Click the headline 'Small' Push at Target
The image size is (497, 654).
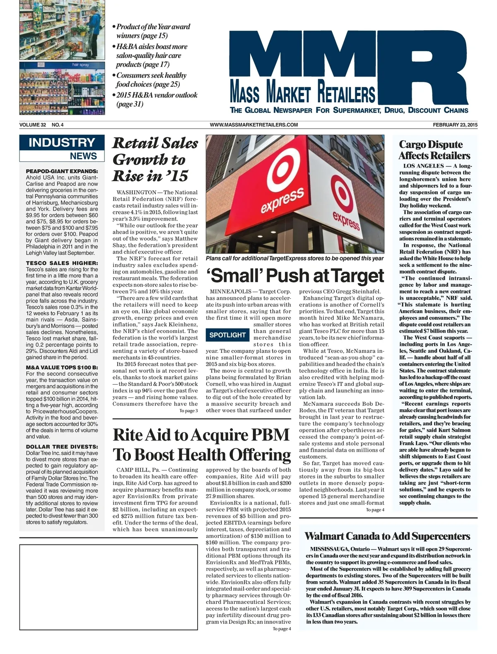(295, 276)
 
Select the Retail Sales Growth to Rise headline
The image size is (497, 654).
(155, 160)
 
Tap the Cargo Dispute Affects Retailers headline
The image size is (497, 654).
(434, 150)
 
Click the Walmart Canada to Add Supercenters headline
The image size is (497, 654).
(387, 536)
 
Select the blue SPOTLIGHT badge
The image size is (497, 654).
(227, 335)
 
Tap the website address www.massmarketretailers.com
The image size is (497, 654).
(254, 125)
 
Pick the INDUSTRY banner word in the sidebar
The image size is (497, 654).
(62, 143)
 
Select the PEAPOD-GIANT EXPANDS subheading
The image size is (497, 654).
(62, 171)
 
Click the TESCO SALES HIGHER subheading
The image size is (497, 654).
(62, 263)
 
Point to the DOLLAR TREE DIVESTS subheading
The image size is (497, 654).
(62, 447)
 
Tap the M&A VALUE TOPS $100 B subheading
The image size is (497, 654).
(62, 367)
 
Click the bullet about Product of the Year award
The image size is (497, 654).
(152, 31)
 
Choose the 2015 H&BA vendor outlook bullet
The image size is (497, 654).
(156, 99)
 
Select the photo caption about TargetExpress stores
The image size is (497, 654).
(295, 259)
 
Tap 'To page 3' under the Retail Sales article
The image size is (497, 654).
(188, 411)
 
